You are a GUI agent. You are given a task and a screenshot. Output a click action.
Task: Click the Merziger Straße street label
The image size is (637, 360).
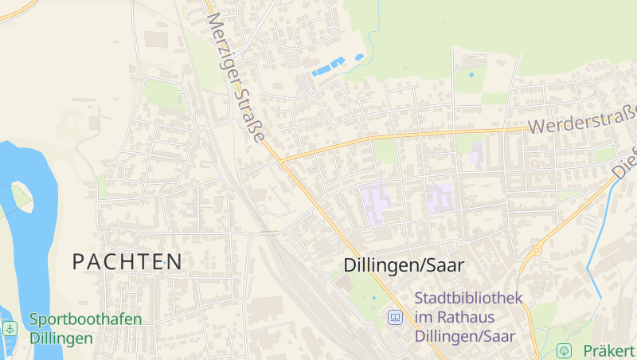click(x=235, y=77)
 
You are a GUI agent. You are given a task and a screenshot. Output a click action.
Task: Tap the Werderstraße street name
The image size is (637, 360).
click(x=582, y=119)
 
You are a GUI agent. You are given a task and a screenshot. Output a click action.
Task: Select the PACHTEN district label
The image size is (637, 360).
click(x=127, y=261)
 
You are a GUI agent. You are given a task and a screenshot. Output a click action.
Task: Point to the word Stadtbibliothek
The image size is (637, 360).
click(x=468, y=299)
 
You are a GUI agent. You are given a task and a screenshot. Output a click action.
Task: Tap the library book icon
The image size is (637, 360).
click(x=394, y=318)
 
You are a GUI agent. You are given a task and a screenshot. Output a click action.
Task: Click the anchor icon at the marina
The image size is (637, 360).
click(x=10, y=328)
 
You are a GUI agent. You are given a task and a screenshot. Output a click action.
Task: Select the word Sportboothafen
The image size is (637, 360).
click(x=86, y=320)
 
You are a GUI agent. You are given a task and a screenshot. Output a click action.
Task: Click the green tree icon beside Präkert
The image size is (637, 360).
click(x=564, y=350)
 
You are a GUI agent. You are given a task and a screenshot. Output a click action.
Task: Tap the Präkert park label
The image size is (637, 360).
click(x=608, y=350)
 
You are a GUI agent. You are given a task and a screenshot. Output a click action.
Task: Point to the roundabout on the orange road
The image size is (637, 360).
click(x=537, y=250)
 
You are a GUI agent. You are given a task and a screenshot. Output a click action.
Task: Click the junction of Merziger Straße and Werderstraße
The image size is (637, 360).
click(x=280, y=158)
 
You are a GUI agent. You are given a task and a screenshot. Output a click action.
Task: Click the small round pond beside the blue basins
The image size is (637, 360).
click(x=360, y=57)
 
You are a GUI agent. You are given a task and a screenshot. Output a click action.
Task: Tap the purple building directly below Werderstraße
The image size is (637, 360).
click(x=475, y=153)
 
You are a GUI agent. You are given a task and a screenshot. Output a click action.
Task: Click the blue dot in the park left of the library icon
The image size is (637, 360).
click(x=373, y=298)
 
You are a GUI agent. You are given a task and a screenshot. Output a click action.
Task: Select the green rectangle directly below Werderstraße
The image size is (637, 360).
click(x=385, y=150)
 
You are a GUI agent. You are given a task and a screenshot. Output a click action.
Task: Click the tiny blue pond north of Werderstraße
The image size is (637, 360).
click(x=471, y=75)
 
